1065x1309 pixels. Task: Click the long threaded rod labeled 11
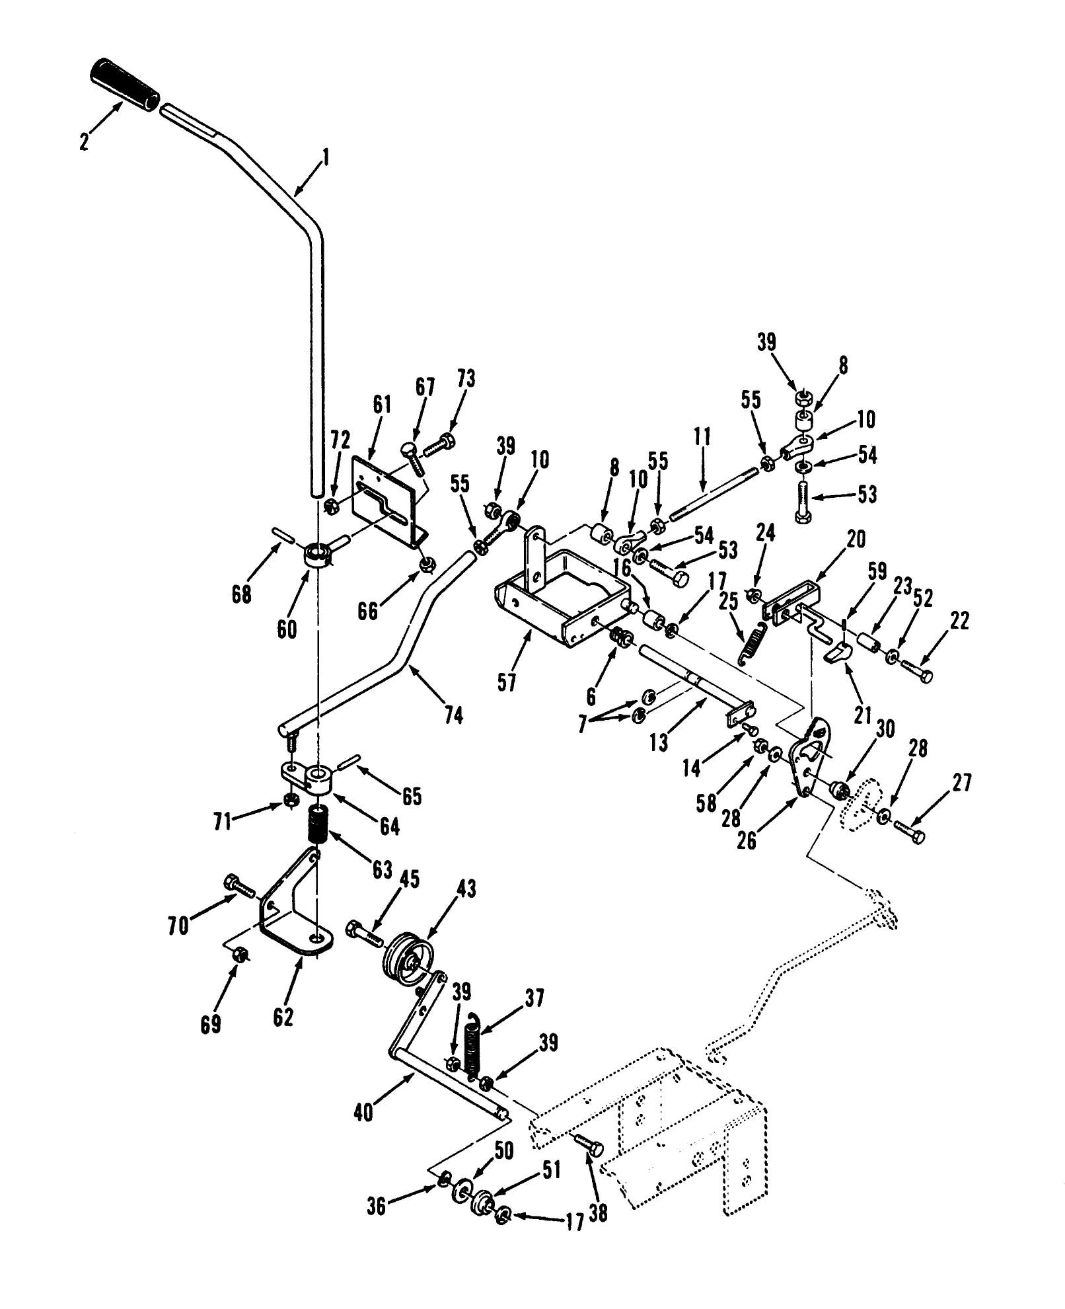(714, 492)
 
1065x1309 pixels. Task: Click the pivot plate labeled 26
(811, 755)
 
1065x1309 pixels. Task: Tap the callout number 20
(855, 539)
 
